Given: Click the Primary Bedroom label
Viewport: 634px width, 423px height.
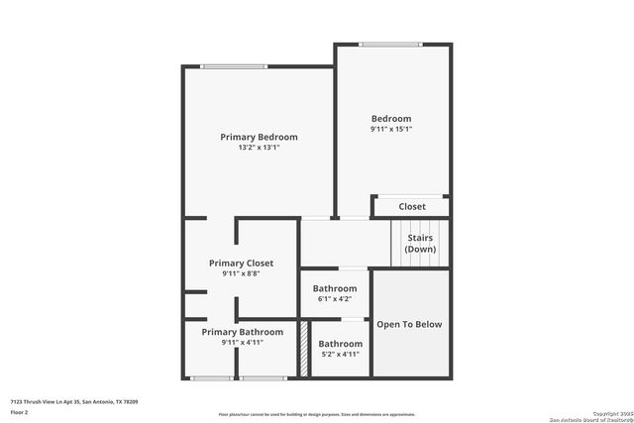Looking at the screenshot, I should tap(259, 137).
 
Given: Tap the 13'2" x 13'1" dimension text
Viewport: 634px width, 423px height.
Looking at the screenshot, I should tap(259, 148).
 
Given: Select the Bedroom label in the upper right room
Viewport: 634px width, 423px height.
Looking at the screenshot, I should tap(391, 119).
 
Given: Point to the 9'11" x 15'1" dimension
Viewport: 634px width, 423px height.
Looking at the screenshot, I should tap(391, 129).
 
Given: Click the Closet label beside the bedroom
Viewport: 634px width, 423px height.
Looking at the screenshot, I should tap(412, 206).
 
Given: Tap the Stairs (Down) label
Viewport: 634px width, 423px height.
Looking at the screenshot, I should tap(420, 243).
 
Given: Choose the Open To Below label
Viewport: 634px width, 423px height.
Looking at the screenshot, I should tap(409, 324).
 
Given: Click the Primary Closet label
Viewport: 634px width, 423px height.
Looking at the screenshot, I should tap(241, 264).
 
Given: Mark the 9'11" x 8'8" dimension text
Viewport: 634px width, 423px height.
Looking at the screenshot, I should tap(241, 274).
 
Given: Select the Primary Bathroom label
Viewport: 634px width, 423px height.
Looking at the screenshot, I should tap(243, 332).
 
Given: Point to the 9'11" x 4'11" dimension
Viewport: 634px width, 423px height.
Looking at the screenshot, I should tap(243, 343).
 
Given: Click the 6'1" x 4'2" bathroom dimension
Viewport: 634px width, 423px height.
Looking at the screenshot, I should tap(335, 298).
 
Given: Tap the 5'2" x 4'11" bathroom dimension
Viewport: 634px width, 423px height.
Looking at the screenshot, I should tap(340, 354).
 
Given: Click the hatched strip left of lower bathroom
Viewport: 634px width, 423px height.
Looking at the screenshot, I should tap(304, 349).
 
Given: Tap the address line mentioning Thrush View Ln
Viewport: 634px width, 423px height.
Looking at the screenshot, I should tap(74, 401).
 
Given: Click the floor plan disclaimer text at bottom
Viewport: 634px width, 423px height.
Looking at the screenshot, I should tap(317, 414).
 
